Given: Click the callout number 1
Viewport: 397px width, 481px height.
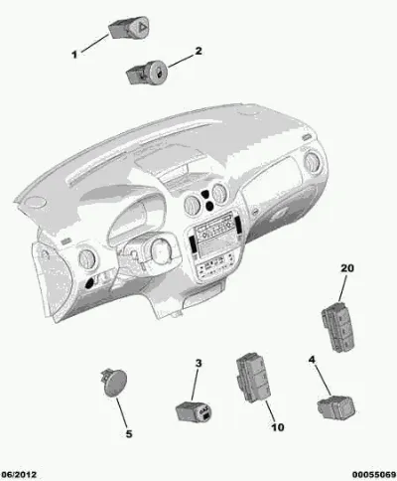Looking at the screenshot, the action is pyautogui.click(x=74, y=55).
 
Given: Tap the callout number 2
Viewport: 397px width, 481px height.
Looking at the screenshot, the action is pyautogui.click(x=198, y=51).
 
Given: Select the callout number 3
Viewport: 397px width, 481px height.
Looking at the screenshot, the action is pyautogui.click(x=198, y=363).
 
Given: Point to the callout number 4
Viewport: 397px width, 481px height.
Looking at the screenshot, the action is pyautogui.click(x=312, y=359).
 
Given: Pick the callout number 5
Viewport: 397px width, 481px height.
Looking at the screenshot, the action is pyautogui.click(x=129, y=433).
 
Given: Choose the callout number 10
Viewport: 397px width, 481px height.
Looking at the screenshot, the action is pyautogui.click(x=278, y=427).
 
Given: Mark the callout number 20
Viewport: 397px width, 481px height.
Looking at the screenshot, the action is pyautogui.click(x=347, y=267).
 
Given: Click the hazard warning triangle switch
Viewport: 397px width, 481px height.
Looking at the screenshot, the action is pyautogui.click(x=129, y=27).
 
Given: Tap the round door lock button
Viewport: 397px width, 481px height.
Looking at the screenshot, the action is pyautogui.click(x=148, y=73).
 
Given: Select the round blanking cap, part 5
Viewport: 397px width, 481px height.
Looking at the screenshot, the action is pyautogui.click(x=114, y=383).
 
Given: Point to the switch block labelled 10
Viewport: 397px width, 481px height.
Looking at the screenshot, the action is pyautogui.click(x=253, y=378).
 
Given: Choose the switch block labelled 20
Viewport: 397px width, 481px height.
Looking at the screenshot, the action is pyautogui.click(x=337, y=327).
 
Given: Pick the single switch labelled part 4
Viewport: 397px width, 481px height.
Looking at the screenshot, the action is pyautogui.click(x=336, y=407).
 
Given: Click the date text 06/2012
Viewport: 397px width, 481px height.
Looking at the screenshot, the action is pyautogui.click(x=19, y=475).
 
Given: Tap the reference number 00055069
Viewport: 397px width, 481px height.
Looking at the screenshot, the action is pyautogui.click(x=374, y=475).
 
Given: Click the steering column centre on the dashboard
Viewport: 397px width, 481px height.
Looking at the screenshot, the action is pyautogui.click(x=161, y=250).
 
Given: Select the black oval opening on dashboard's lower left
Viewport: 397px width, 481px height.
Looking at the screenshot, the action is pyautogui.click(x=90, y=282).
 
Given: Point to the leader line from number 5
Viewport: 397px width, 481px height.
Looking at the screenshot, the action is pyautogui.click(x=121, y=413).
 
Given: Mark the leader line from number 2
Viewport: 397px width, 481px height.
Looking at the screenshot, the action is pyautogui.click(x=181, y=62).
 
